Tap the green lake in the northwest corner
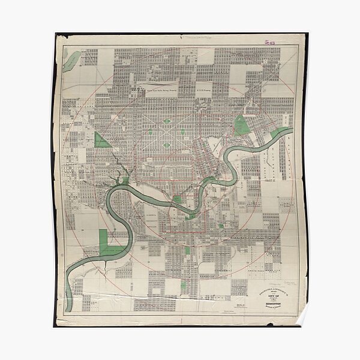point(71,59)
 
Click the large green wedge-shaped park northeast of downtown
point(242,125)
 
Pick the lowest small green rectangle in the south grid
point(187,250)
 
